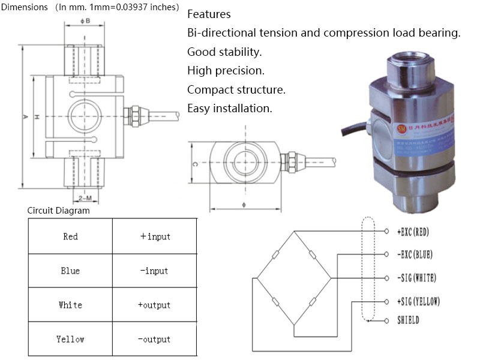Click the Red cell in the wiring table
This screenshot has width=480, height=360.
click(x=70, y=236)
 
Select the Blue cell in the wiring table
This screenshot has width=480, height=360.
click(x=70, y=271)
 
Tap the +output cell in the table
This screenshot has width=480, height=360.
click(x=154, y=305)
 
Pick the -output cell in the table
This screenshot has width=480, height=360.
click(x=154, y=339)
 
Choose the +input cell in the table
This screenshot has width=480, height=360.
click(x=154, y=236)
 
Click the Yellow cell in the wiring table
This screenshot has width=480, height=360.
click(x=70, y=339)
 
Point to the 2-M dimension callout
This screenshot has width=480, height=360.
click(x=85, y=197)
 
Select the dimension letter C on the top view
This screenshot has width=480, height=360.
click(x=196, y=163)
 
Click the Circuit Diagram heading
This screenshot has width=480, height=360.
click(x=59, y=211)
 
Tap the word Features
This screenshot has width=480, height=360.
click(x=209, y=14)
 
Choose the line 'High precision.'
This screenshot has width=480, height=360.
click(x=226, y=71)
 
